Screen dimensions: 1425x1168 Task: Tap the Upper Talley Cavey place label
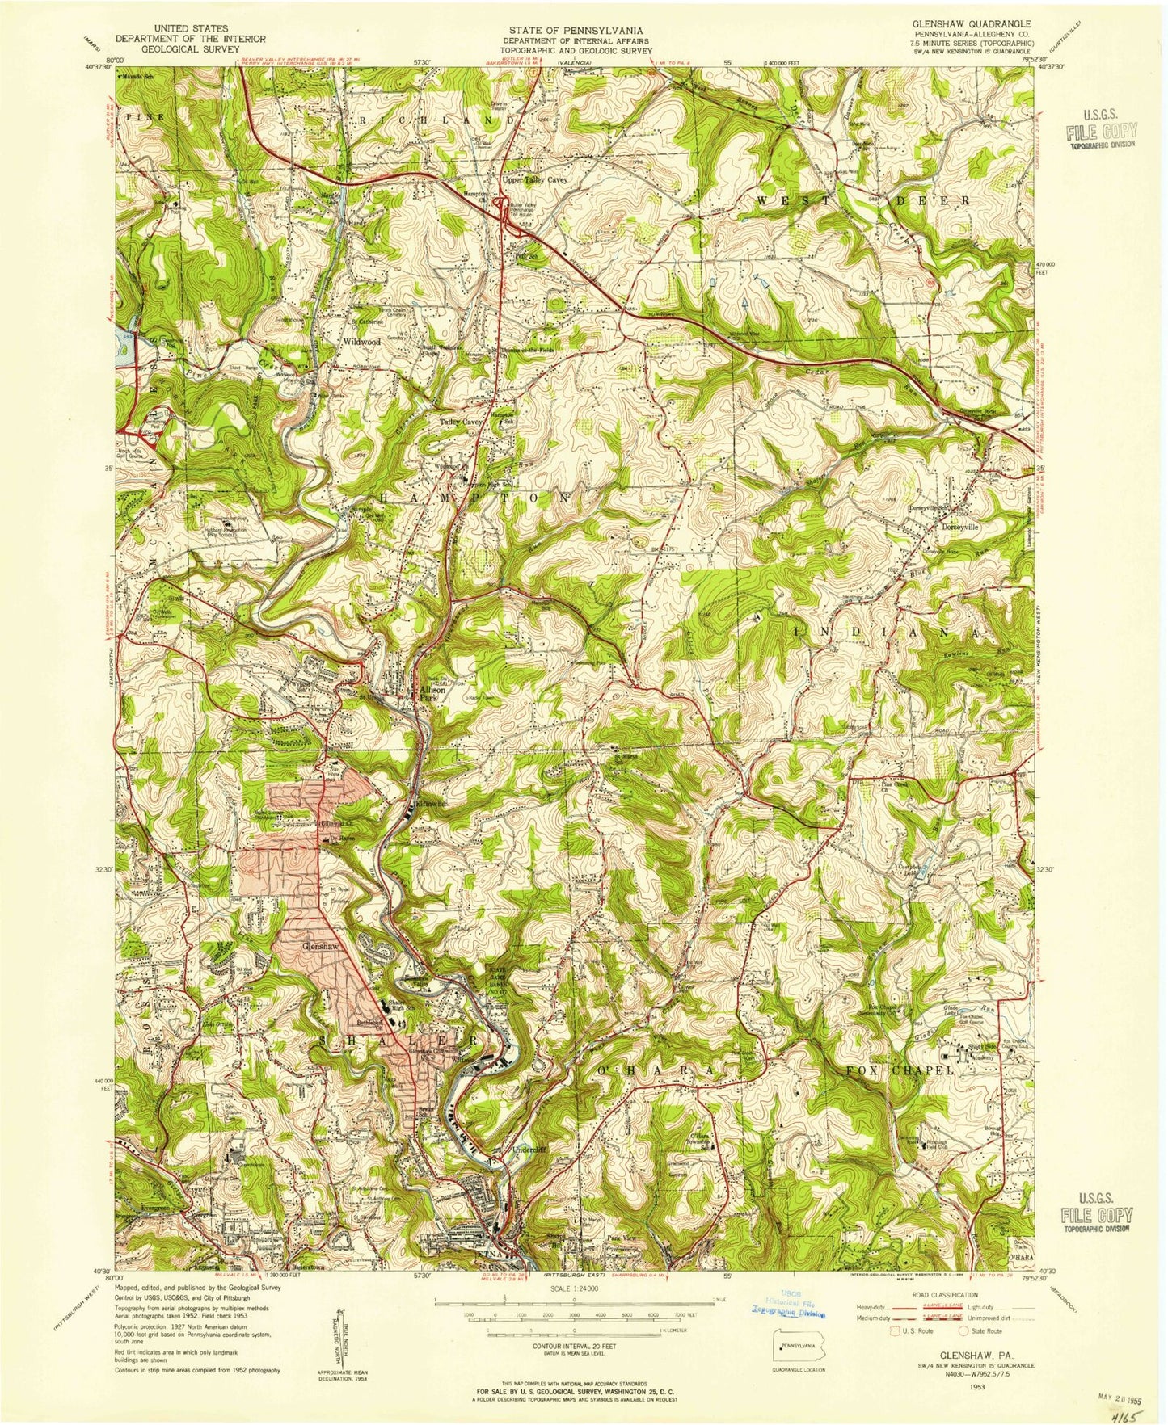point(534,179)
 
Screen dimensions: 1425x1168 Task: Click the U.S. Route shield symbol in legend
point(895,1330)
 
